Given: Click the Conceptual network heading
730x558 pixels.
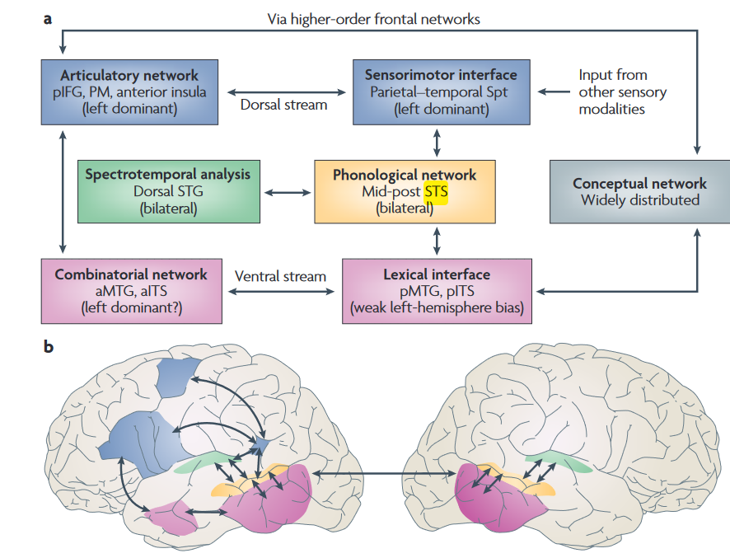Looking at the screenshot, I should (x=639, y=184).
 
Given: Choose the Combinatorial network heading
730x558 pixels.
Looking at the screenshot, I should (x=131, y=274).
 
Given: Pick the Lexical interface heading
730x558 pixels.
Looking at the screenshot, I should (x=437, y=274).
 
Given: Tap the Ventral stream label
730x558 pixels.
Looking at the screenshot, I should (x=281, y=276).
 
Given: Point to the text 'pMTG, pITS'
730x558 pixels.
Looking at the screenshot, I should (x=437, y=292).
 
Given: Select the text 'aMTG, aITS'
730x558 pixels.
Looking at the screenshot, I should (x=131, y=292).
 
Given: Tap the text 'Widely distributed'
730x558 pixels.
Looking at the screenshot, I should (x=639, y=200).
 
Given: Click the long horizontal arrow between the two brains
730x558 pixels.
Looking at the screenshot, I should (x=383, y=473).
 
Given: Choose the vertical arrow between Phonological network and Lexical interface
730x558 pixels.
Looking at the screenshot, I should (x=437, y=240).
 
